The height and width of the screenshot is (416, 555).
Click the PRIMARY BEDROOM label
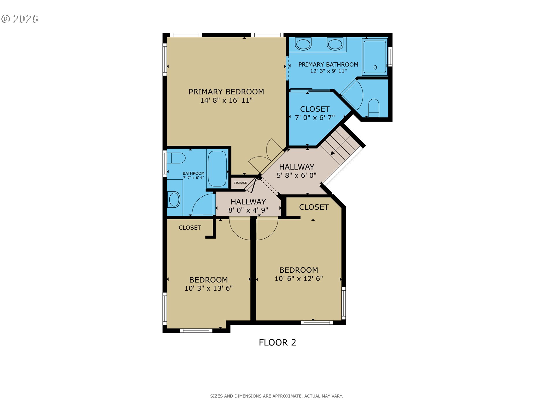click(226, 92)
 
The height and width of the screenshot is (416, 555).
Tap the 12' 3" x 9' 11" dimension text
click(328, 71)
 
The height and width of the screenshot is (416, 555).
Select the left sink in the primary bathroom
click(303, 44)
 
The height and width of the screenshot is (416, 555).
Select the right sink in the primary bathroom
click(335, 44)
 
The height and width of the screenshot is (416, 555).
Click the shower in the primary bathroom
click(375, 57)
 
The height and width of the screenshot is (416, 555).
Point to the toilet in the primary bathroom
click(374, 107)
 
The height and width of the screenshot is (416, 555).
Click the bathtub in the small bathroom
click(217, 168)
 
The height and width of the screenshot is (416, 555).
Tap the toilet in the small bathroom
click(176, 158)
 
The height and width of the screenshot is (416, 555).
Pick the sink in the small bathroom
click(174, 199)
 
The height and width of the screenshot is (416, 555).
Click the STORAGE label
click(240, 183)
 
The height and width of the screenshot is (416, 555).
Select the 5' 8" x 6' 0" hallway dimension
click(296, 175)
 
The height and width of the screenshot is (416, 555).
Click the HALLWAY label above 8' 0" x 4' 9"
click(248, 202)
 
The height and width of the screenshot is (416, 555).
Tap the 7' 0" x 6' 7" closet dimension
click(314, 118)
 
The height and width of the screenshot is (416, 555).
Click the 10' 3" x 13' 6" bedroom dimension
click(208, 288)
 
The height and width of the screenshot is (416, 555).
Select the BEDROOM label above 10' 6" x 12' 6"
click(299, 270)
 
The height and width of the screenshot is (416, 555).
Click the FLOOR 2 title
click(277, 342)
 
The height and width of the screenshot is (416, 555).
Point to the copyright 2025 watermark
click(20, 19)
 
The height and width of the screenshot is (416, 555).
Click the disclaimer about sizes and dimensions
click(276, 396)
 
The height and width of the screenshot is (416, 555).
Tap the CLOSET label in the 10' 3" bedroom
click(190, 228)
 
